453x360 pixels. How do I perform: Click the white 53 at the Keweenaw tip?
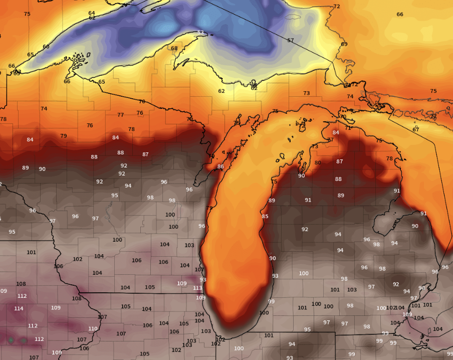(x=200, y=33)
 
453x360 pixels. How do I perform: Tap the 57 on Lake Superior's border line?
(x=291, y=40)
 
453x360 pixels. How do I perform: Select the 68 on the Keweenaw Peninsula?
(x=174, y=49)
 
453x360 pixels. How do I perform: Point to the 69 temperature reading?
(x=344, y=44)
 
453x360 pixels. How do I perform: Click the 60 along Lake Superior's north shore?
(x=46, y=47)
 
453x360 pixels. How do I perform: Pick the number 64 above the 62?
(x=92, y=13)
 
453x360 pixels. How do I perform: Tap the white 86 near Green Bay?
(x=220, y=166)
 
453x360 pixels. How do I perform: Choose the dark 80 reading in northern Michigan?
(x=318, y=163)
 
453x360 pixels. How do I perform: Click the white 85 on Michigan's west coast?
(x=265, y=217)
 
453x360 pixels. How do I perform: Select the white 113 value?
(x=197, y=288)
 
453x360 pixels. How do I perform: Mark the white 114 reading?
(x=19, y=308)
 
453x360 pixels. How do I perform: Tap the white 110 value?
(x=93, y=329)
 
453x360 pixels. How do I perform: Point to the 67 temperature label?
(x=416, y=129)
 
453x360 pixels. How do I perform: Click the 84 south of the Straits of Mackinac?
(x=336, y=132)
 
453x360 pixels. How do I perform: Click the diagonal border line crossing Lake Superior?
(x=271, y=31)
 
